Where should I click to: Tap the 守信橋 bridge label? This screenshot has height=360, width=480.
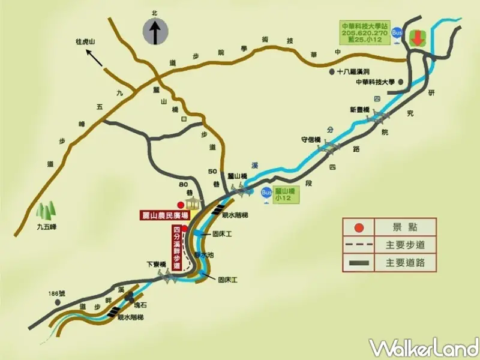[311, 140]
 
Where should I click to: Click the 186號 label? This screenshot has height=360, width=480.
[58, 294]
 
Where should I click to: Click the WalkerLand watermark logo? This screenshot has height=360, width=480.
[424, 347]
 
